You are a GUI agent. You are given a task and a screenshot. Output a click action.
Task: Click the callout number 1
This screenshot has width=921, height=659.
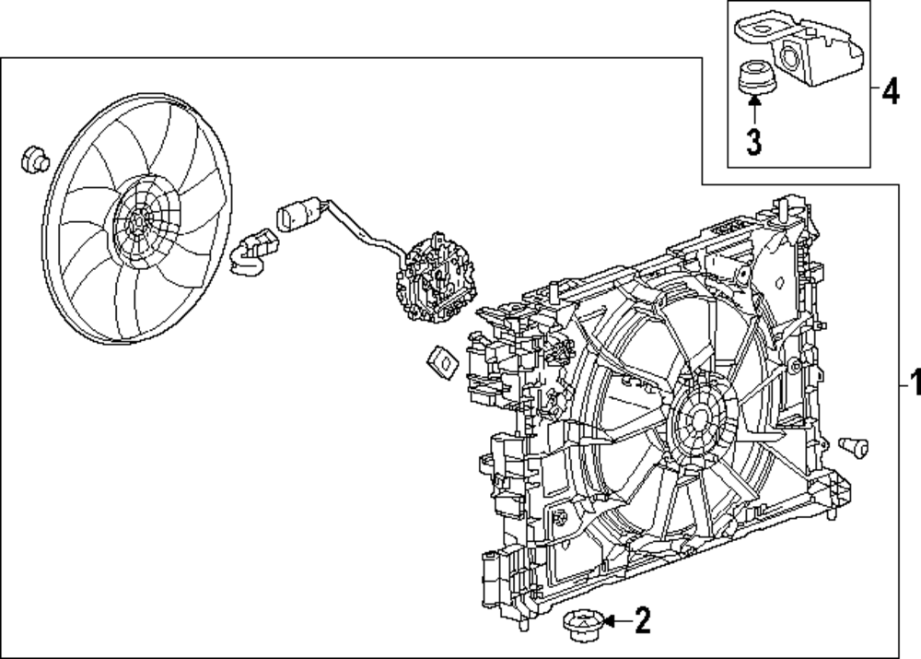tap(914, 381)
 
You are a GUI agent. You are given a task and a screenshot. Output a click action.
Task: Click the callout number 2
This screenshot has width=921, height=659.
tap(642, 622)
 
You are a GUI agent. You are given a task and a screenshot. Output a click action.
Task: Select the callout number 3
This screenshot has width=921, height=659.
tap(753, 142)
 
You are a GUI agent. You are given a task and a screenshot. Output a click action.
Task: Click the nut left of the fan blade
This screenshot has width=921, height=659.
tap(35, 159)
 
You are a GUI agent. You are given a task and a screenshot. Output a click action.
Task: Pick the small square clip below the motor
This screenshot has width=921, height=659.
tap(443, 362)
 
